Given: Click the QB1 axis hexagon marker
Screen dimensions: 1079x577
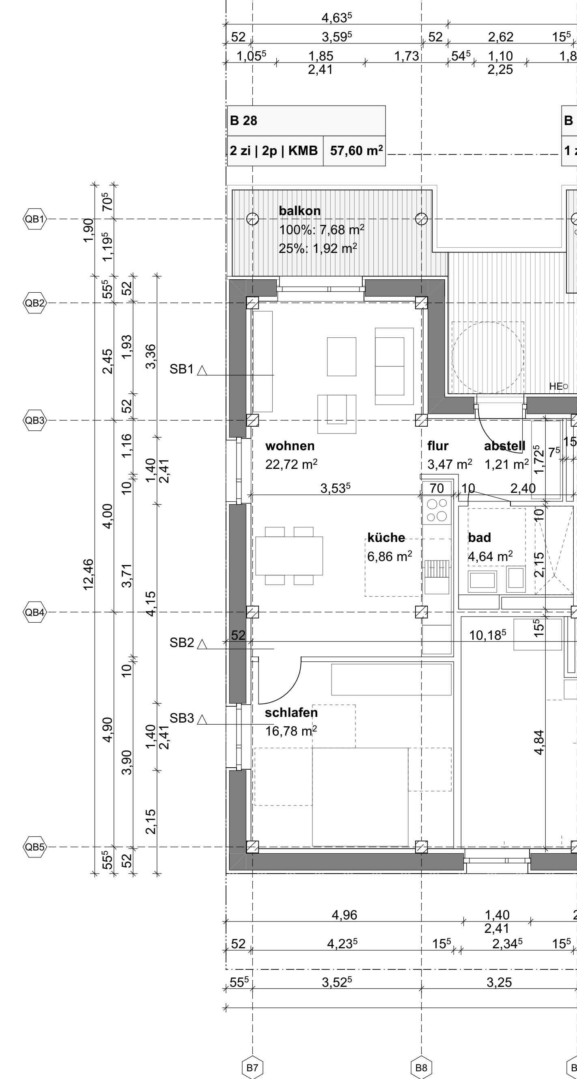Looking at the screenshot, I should pyautogui.click(x=34, y=219).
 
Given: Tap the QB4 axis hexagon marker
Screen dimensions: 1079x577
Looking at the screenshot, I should pyautogui.click(x=34, y=613).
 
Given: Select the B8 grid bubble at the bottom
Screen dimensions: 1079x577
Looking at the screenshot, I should pyautogui.click(x=421, y=1068).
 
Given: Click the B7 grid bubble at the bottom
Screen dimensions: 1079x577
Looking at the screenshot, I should pyautogui.click(x=252, y=1068).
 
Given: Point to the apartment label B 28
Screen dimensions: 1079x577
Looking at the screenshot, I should pyautogui.click(x=244, y=121).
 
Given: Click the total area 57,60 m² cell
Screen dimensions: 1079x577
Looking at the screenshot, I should pyautogui.click(x=356, y=151).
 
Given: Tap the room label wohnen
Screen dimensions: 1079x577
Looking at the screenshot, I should pyautogui.click(x=290, y=446).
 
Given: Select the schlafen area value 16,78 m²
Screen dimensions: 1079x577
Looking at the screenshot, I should pyautogui.click(x=291, y=732).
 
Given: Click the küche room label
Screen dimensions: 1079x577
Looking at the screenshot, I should pyautogui.click(x=386, y=537).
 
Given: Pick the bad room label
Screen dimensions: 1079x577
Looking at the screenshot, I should pyautogui.click(x=479, y=537).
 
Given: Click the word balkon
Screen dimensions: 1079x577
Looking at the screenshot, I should pyautogui.click(x=300, y=211).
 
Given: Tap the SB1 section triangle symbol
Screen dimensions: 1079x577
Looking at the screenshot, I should pyautogui.click(x=202, y=370).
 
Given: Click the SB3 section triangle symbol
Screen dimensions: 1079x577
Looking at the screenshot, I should pyautogui.click(x=202, y=720).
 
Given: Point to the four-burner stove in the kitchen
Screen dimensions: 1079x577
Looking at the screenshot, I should pyautogui.click(x=437, y=510).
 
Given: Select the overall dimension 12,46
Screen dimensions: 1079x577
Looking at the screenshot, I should pyautogui.click(x=88, y=575).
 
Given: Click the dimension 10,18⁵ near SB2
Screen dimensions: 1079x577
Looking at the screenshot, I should pyautogui.click(x=487, y=635).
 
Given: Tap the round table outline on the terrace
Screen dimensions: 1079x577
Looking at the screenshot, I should pyautogui.click(x=488, y=358).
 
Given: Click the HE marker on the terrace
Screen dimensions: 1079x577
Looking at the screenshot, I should pyautogui.click(x=559, y=386).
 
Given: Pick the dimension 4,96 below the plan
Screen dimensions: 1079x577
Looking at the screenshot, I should pyautogui.click(x=344, y=915).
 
